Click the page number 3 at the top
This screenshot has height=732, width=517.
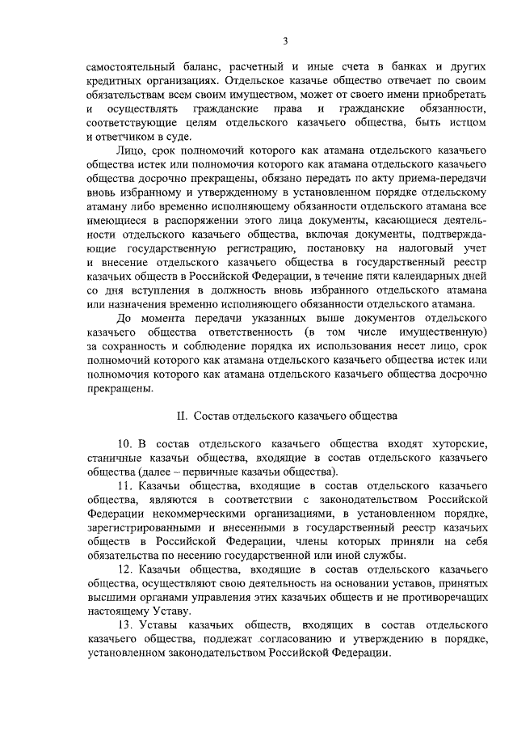point(284,40)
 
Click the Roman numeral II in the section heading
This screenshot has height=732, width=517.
point(183,417)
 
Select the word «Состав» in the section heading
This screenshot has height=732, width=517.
point(213,417)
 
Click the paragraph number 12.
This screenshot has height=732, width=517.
point(125,569)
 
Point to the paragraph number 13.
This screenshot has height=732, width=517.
point(125,625)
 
